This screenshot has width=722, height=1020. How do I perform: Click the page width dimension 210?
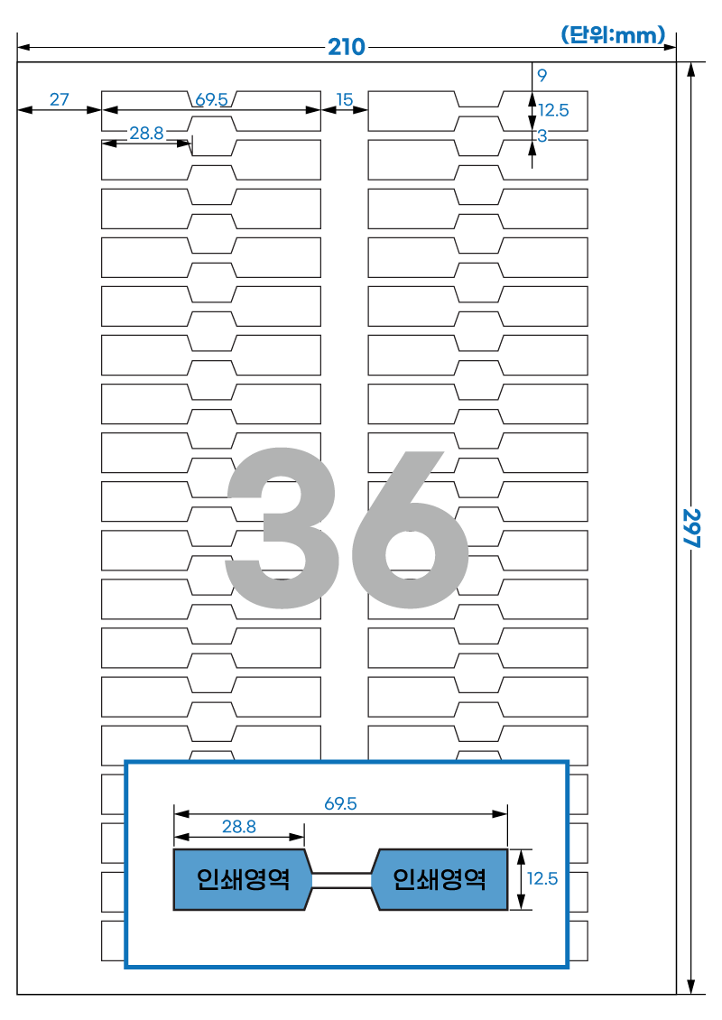click(x=346, y=47)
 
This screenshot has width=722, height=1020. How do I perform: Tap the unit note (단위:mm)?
click(x=613, y=34)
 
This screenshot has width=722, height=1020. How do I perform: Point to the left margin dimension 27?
click(x=60, y=99)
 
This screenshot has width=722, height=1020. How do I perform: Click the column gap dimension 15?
click(x=344, y=99)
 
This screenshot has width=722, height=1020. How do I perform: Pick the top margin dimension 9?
click(x=541, y=76)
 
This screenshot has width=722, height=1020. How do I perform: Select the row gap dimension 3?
click(x=541, y=136)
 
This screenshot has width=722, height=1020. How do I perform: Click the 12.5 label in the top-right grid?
click(x=553, y=111)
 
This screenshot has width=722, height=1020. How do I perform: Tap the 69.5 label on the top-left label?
click(x=211, y=99)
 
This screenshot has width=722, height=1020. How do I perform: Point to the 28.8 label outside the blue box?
click(x=146, y=133)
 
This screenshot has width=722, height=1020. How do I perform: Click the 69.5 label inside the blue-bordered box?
click(x=341, y=803)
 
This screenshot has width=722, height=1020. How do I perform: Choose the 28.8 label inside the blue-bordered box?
click(x=239, y=826)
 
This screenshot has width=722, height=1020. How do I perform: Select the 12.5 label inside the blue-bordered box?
click(x=541, y=879)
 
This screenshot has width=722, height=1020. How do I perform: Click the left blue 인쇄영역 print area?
click(x=242, y=879)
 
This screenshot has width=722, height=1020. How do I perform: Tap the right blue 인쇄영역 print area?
click(x=440, y=879)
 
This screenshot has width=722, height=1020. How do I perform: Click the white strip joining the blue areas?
click(x=342, y=880)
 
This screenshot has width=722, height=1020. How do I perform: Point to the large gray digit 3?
click(x=281, y=528)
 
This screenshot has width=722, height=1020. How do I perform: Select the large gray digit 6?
click(x=410, y=528)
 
